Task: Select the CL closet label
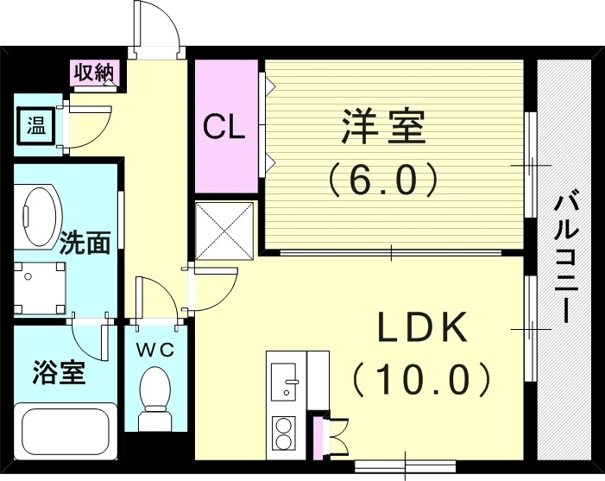224,127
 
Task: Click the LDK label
423,329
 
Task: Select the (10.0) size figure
423,377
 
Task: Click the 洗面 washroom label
85,243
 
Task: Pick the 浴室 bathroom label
59,373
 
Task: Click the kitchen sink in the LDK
284,381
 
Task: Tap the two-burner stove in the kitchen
283,433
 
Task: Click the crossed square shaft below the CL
224,230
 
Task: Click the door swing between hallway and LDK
211,288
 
